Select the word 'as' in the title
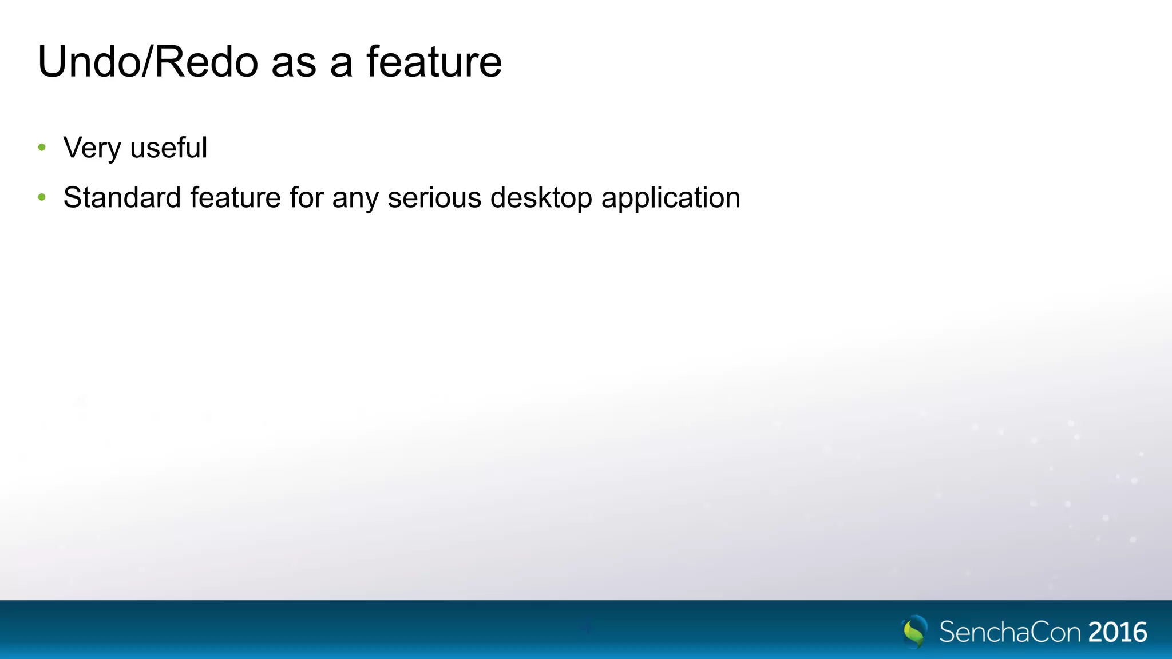point(294,64)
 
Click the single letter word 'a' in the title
point(341,64)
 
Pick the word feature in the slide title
point(434,62)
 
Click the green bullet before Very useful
point(42,148)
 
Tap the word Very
point(92,148)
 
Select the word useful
point(168,148)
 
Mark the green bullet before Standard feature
point(42,198)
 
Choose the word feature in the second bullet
point(235,198)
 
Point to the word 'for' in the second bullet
point(306,198)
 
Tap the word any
point(355,200)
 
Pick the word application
point(671,199)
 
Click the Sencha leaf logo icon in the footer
point(914,632)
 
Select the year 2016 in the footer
point(1118,632)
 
